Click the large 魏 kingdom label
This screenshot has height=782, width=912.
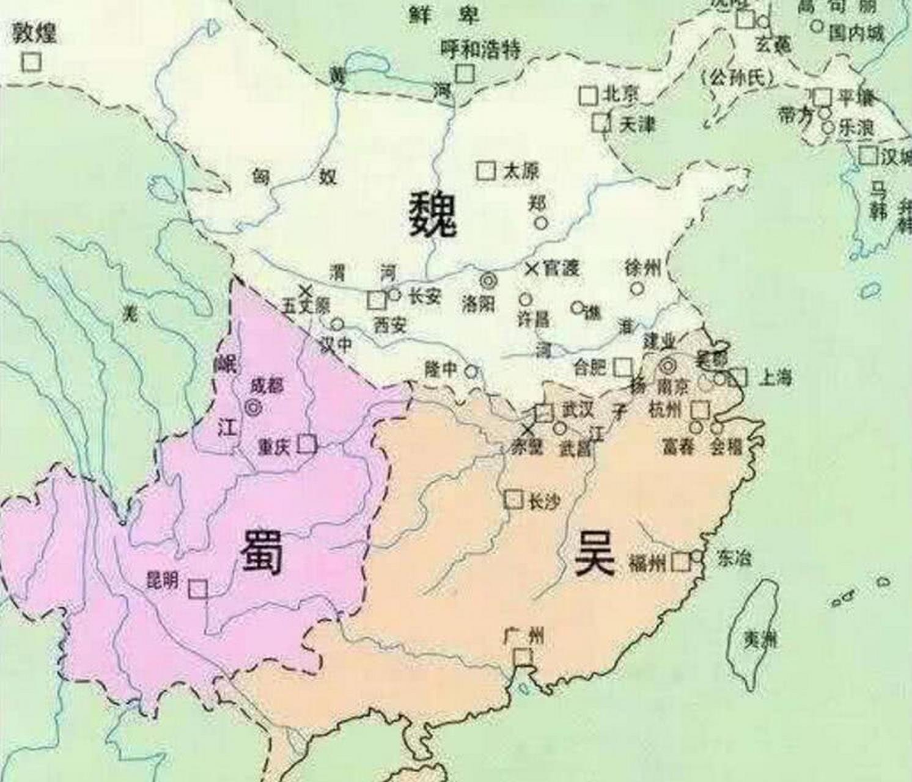coord(433,213)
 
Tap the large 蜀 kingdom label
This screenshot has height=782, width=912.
coord(261,552)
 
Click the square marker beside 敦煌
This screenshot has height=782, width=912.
coord(31,62)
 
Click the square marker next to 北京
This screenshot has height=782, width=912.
coord(588,95)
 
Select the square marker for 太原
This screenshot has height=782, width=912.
coord(486,170)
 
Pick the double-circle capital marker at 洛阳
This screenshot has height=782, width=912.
coord(488,281)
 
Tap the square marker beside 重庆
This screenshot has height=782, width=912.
coord(306,444)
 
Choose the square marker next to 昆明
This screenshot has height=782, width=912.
coord(197,589)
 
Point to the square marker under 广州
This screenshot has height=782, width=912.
coord(523,657)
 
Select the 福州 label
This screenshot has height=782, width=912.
coord(647,563)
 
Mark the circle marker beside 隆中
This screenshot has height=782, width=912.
coord(471,371)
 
